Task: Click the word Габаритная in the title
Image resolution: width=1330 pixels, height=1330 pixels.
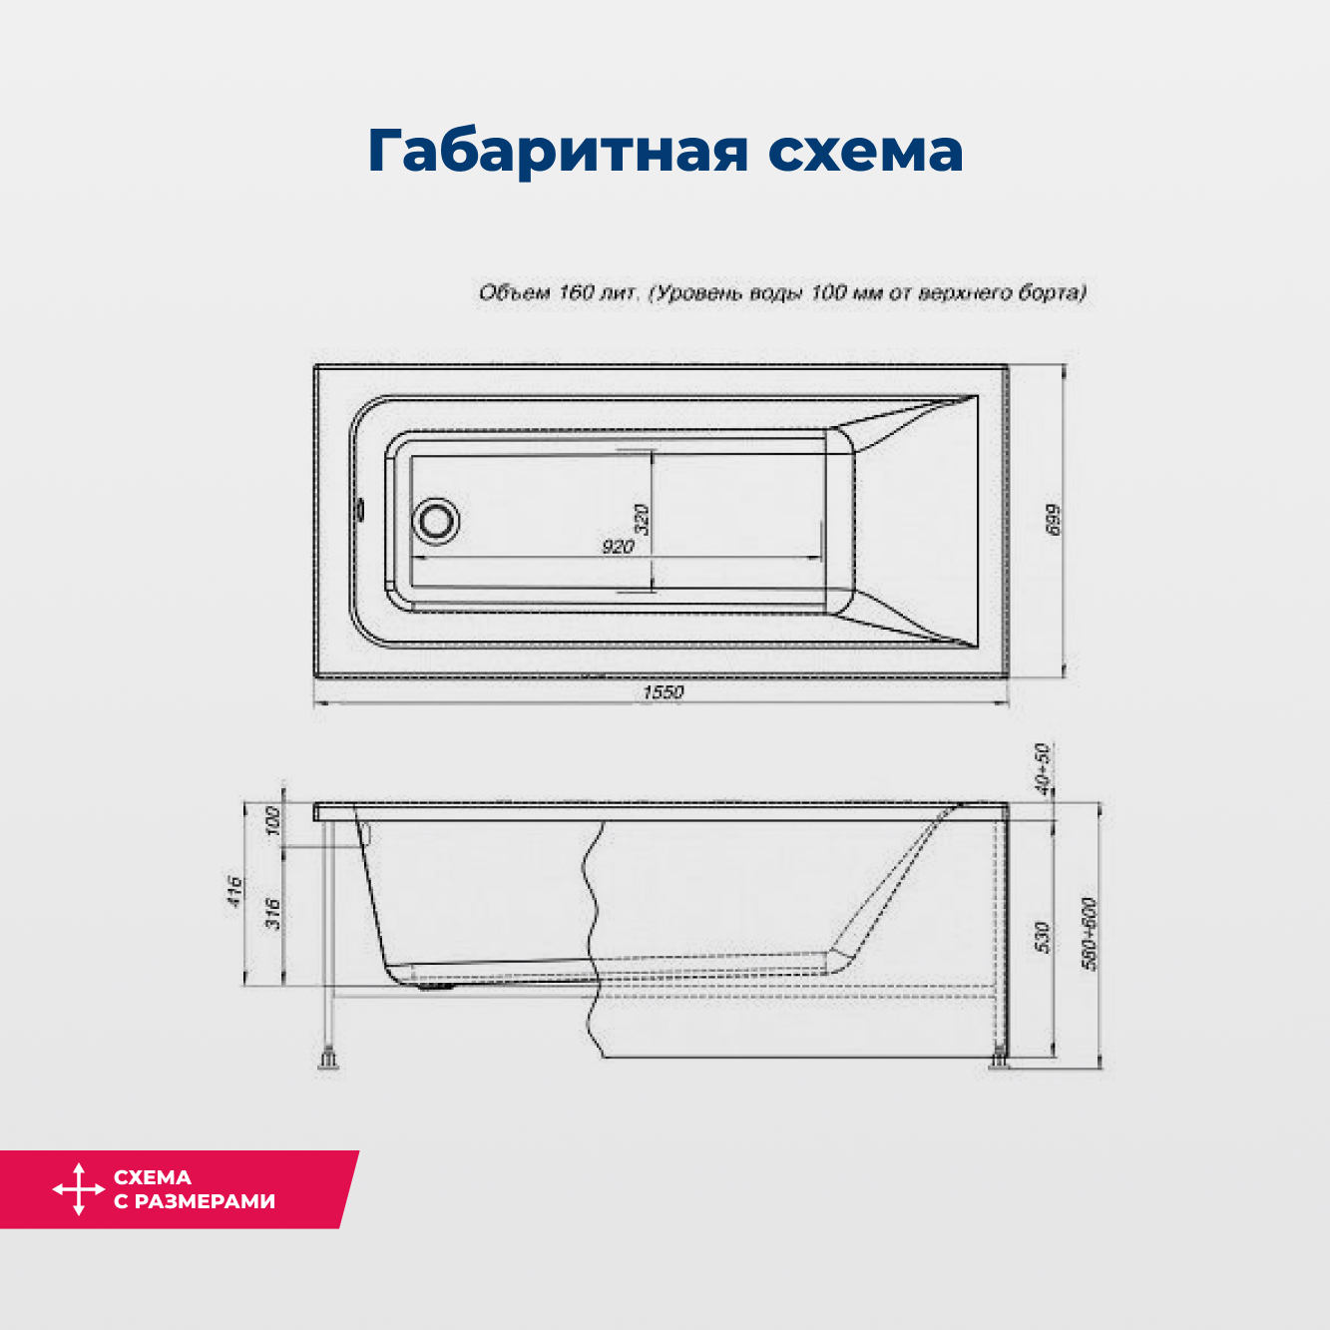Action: click(558, 151)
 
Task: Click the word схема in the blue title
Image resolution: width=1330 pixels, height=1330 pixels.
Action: click(865, 151)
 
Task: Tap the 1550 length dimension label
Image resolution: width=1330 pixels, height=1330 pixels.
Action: click(663, 692)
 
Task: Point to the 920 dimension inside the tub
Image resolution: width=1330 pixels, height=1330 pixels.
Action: click(618, 547)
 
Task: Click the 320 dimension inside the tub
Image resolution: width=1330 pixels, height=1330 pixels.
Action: click(642, 519)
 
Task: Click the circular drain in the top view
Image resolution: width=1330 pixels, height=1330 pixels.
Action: click(436, 520)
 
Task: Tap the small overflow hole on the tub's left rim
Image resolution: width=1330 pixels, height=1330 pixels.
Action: click(360, 510)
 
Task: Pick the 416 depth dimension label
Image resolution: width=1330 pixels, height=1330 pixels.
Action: click(233, 891)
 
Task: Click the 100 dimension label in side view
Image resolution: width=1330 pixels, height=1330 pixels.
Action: click(271, 822)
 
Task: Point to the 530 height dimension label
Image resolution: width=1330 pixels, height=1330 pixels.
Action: click(1042, 937)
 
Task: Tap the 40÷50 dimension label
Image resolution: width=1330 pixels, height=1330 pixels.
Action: click(1042, 768)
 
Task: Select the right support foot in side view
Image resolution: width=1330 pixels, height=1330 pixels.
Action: click(1000, 1062)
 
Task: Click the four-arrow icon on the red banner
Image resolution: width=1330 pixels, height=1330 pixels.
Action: click(79, 1189)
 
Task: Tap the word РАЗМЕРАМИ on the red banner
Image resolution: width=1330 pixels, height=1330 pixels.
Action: click(205, 1201)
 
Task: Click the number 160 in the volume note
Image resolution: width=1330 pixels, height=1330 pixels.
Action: click(576, 292)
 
